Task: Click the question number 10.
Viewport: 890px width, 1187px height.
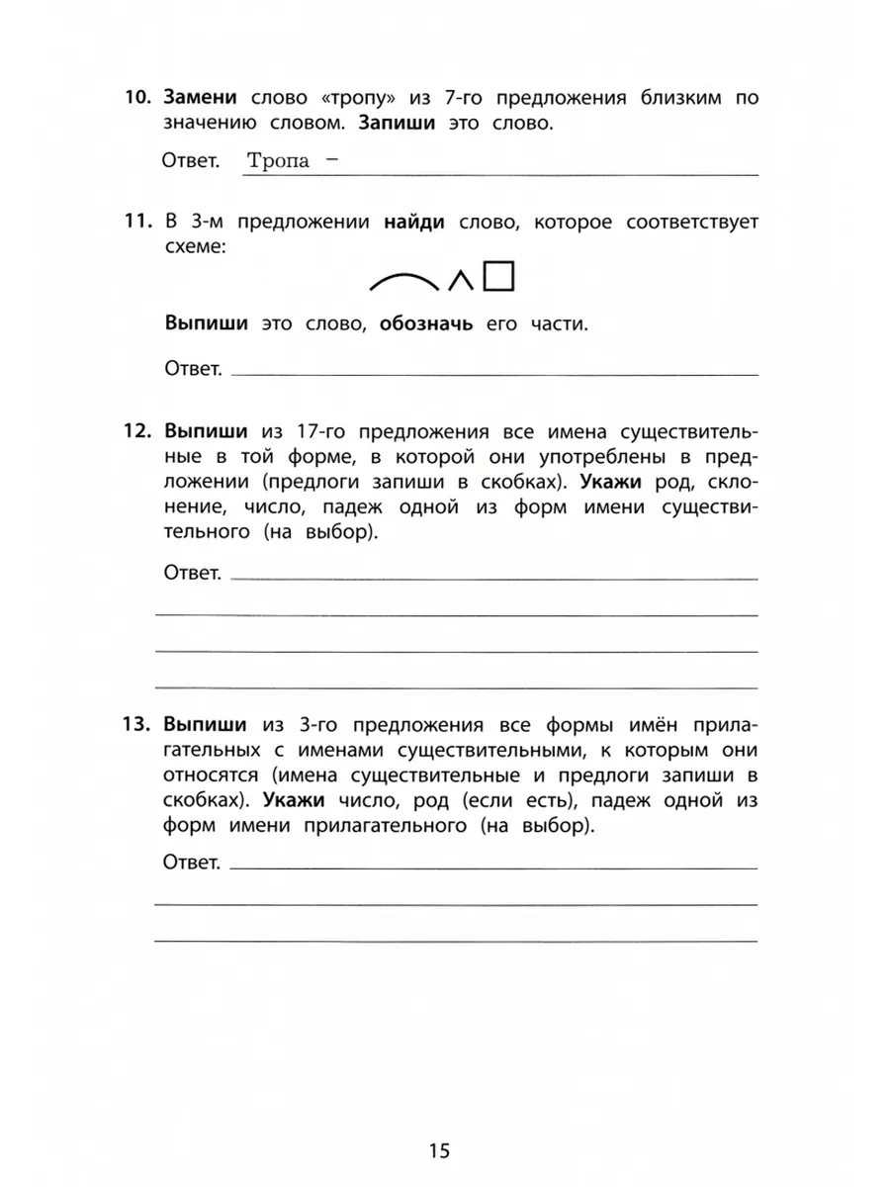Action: pyautogui.click(x=135, y=98)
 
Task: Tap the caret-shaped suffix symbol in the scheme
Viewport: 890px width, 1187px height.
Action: pyautogui.click(x=459, y=282)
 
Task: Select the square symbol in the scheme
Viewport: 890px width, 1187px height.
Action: pyautogui.click(x=499, y=277)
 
